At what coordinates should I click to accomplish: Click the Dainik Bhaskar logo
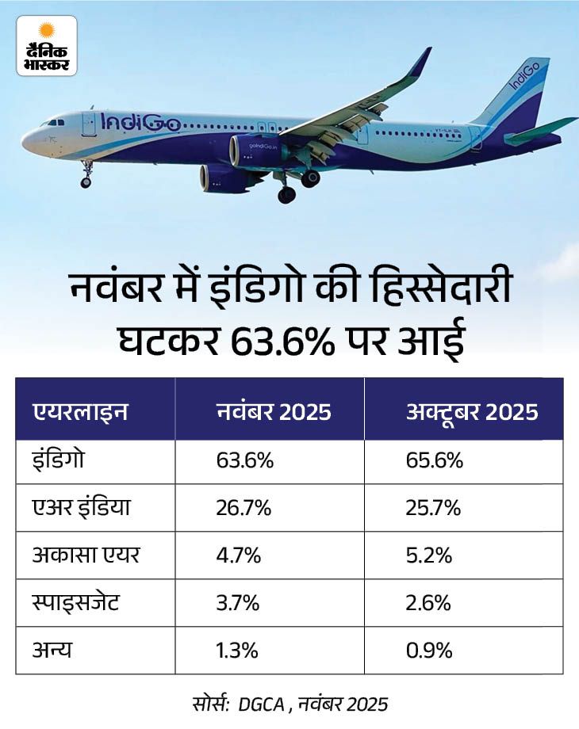47,46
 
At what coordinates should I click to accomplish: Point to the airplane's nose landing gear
86,175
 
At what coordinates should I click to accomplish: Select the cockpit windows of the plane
54,124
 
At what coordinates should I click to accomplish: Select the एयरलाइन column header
80,413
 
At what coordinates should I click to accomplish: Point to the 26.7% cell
243,508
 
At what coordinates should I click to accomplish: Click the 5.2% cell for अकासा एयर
428,555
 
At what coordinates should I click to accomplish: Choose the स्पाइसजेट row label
76,603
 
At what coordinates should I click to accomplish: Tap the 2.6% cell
428,603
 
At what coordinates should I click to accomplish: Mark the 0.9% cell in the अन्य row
428,651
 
